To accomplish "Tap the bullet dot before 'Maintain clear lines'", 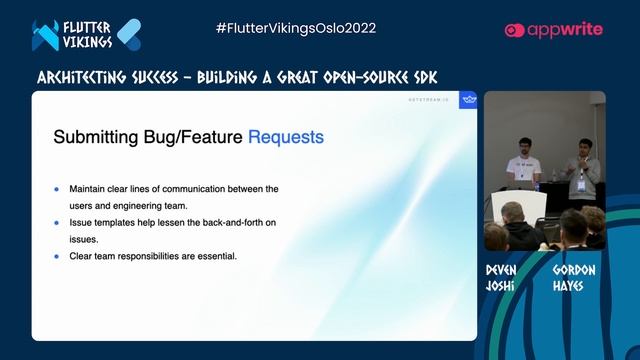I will pyautogui.click(x=57, y=188).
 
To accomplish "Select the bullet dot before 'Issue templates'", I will pyautogui.click(x=57, y=222).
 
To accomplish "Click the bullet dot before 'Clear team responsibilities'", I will pyautogui.click(x=57, y=256).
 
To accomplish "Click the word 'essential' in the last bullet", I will pyautogui.click(x=215, y=256).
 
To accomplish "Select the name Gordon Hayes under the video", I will pyautogui.click(x=575, y=277).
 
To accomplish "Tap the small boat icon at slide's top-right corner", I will pyautogui.click(x=467, y=99).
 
